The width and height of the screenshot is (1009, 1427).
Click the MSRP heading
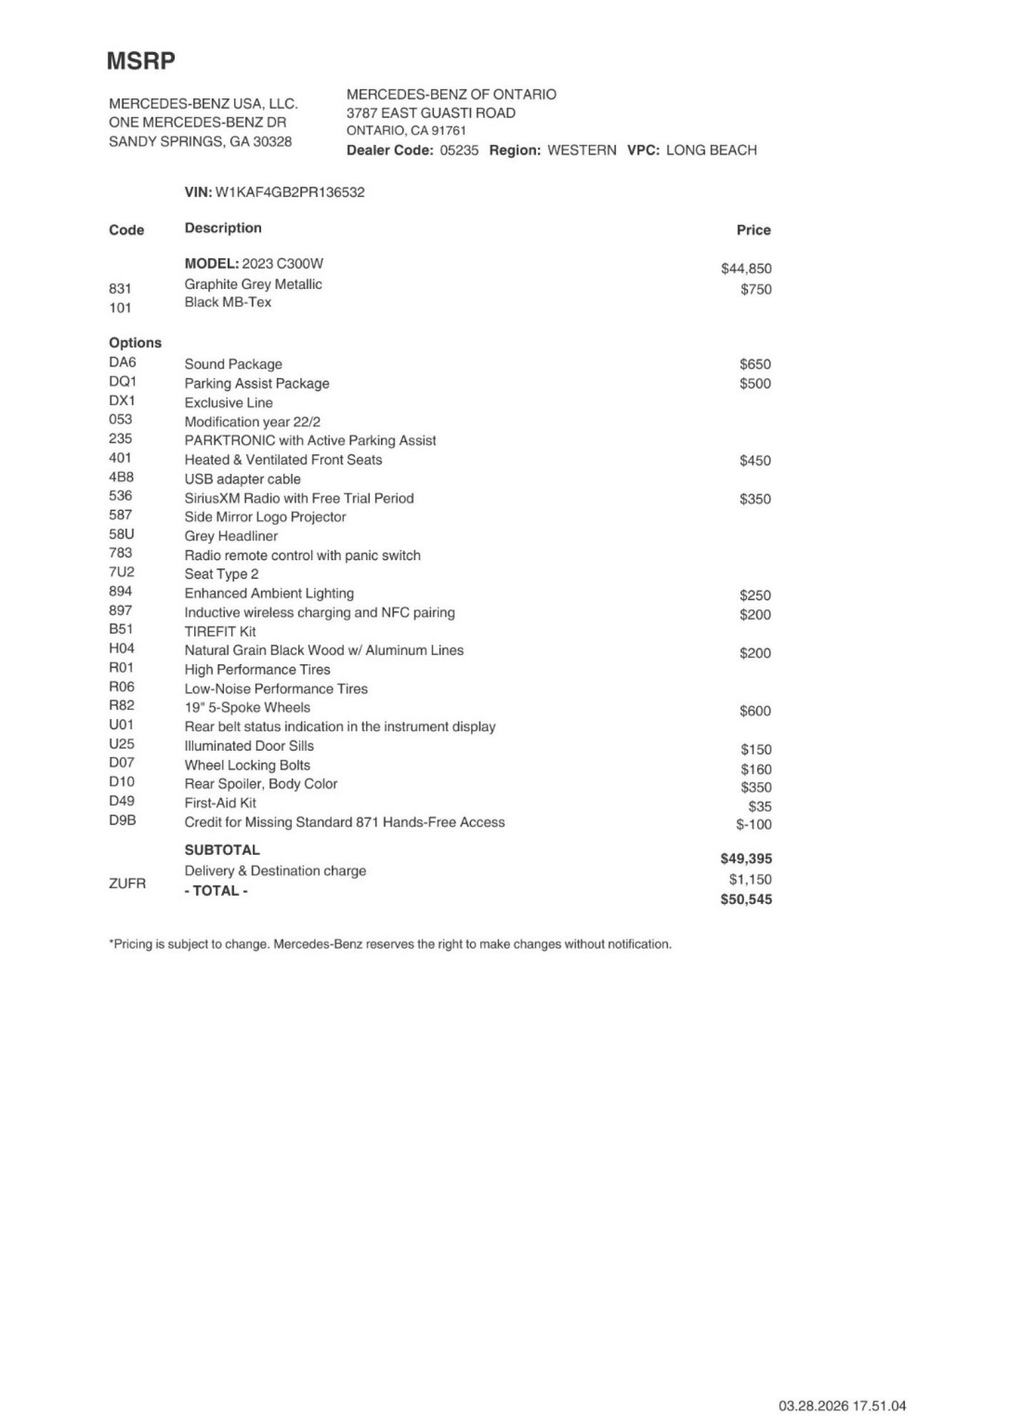tap(141, 61)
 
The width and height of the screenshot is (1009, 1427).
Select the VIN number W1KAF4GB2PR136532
tap(290, 192)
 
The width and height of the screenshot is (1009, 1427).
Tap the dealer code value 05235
tap(459, 150)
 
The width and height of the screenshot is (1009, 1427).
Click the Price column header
tap(754, 230)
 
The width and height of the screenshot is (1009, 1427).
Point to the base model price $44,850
tap(746, 269)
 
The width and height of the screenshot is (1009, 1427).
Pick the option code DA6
tap(122, 363)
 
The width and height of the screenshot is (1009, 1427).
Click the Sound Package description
tap(233, 364)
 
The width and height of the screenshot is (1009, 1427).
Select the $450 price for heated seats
tap(755, 461)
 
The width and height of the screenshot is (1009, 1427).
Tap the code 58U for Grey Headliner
tap(121, 534)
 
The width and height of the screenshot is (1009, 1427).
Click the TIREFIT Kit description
tap(220, 631)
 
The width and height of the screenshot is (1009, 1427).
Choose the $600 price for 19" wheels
tap(755, 711)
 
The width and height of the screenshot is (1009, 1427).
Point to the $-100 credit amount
tap(754, 825)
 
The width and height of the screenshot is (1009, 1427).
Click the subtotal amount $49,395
tap(746, 859)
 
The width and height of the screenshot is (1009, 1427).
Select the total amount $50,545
tap(746, 900)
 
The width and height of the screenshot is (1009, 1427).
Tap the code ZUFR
tap(127, 883)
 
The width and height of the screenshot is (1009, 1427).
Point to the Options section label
tap(135, 343)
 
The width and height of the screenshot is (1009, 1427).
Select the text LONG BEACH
tap(711, 150)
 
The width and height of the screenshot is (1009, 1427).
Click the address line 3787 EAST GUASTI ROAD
tap(431, 113)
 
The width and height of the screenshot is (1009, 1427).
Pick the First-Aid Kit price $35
tap(760, 806)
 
